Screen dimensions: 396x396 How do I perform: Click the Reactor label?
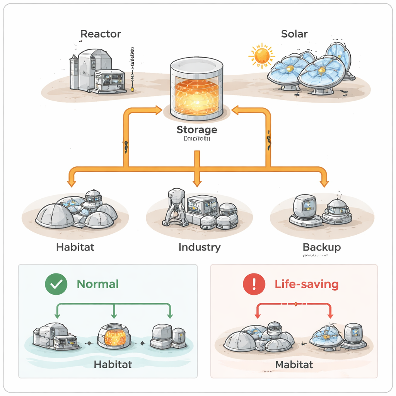[101, 34]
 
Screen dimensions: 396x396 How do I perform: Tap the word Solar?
[294, 34]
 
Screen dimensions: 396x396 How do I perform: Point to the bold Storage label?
[196, 130]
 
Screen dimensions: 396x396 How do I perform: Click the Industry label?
[200, 247]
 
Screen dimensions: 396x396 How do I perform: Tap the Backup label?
[322, 247]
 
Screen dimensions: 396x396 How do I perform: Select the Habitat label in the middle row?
[75, 247]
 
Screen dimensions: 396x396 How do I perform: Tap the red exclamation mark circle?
[254, 284]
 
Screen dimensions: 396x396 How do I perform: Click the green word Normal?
[98, 284]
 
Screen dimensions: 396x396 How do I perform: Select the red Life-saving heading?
[307, 284]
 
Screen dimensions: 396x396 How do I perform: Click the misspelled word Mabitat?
[294, 364]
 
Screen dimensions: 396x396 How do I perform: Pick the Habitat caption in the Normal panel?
[113, 364]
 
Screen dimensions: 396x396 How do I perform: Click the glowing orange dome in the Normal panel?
[113, 336]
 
